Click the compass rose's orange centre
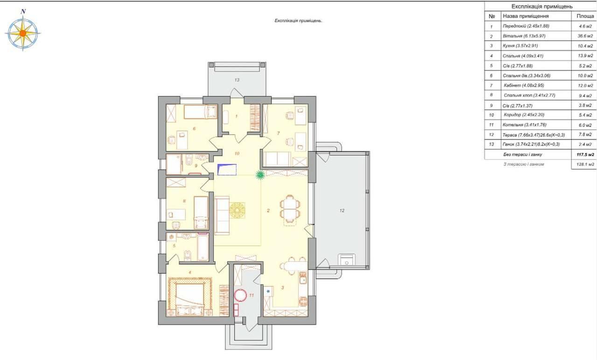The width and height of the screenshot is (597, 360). pyautogui.click(x=23, y=33)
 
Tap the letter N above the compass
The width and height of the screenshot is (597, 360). pyautogui.click(x=23, y=12)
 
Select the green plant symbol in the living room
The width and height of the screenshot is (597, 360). pyautogui.click(x=260, y=175)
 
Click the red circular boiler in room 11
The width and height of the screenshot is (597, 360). pyautogui.click(x=241, y=296)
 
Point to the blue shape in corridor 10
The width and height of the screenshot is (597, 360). pyautogui.click(x=227, y=169)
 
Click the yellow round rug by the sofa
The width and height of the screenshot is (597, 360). pyautogui.click(x=237, y=211)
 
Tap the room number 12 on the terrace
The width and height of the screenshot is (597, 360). pyautogui.click(x=342, y=210)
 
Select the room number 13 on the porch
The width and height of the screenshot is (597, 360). pyautogui.click(x=236, y=80)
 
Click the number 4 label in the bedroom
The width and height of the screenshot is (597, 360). pyautogui.click(x=190, y=272)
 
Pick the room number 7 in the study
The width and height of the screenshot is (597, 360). pyautogui.click(x=278, y=133)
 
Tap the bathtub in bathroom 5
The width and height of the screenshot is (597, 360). pyautogui.click(x=203, y=247)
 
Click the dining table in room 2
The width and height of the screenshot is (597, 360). pyautogui.click(x=290, y=208)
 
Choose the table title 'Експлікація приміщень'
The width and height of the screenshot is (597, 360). pyautogui.click(x=542, y=7)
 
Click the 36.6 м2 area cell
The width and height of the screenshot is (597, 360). pyautogui.click(x=585, y=36)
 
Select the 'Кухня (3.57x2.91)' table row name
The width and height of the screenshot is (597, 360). pyautogui.click(x=520, y=46)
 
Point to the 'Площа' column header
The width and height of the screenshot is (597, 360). pyautogui.click(x=585, y=16)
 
